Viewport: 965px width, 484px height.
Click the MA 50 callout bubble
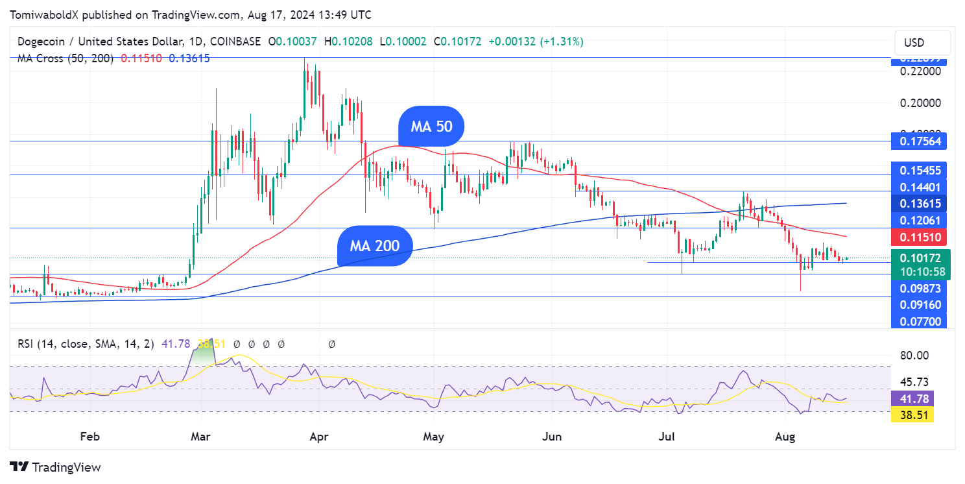point(431,126)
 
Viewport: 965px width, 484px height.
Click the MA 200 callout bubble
point(375,246)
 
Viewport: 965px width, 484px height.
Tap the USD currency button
point(914,43)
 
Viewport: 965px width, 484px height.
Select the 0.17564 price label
point(919,141)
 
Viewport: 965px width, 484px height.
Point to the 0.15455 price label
point(919,170)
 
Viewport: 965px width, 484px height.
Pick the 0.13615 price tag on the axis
point(919,203)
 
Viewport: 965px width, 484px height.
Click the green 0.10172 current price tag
point(920,258)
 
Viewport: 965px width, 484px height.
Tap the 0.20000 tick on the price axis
point(919,103)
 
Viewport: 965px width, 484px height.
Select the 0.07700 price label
point(919,321)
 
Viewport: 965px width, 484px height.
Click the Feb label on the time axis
point(90,437)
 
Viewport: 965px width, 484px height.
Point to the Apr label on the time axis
point(318,437)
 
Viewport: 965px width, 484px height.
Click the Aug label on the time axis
point(784,437)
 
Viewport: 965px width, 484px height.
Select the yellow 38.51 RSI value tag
point(912,415)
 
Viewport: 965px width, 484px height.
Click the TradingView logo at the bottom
point(55,467)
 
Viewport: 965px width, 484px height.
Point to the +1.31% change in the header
point(564,42)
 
